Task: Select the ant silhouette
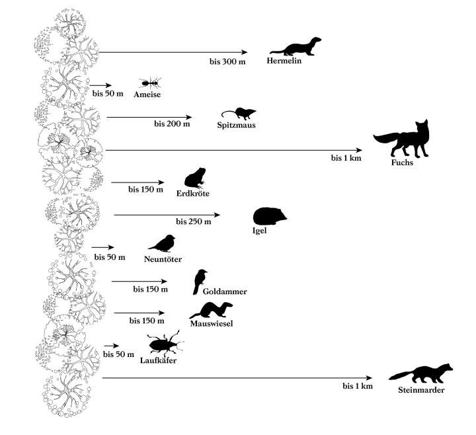coord(150,83)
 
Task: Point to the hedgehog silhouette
coord(270,217)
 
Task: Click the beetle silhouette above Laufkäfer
coord(161,344)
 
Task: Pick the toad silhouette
coord(195,178)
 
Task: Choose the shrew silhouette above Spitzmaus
coord(238,113)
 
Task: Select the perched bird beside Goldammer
coord(200,280)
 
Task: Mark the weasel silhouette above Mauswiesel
coord(211,310)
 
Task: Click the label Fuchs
coord(401,163)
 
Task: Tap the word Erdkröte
coord(194,194)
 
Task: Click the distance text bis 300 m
coord(227,61)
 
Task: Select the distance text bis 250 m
coord(193,221)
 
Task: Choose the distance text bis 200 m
coord(172,124)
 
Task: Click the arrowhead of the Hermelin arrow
coord(244,52)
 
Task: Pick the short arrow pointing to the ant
coord(100,85)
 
